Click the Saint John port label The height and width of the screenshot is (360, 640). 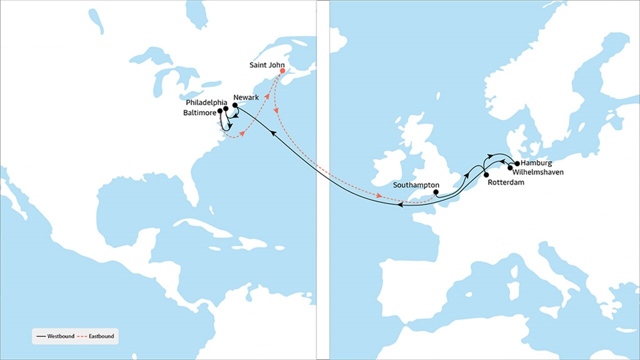[x=267, y=65]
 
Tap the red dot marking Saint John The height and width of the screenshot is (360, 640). [x=282, y=71]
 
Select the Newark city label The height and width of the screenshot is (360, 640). [x=246, y=97]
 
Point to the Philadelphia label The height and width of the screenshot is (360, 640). [x=206, y=103]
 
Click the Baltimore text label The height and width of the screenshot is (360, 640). [x=200, y=113]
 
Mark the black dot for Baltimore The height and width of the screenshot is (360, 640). [x=220, y=111]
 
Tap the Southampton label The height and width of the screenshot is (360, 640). [x=416, y=185]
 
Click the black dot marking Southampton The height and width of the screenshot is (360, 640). [x=436, y=192]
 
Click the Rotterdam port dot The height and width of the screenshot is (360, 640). [x=486, y=175]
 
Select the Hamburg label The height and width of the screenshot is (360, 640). [x=536, y=163]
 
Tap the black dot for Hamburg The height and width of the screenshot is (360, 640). [x=517, y=163]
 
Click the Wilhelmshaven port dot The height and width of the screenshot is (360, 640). [x=510, y=168]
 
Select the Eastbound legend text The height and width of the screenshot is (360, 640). [x=101, y=336]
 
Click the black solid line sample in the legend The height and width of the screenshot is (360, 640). [x=40, y=336]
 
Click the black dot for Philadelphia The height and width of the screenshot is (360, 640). [x=226, y=108]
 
